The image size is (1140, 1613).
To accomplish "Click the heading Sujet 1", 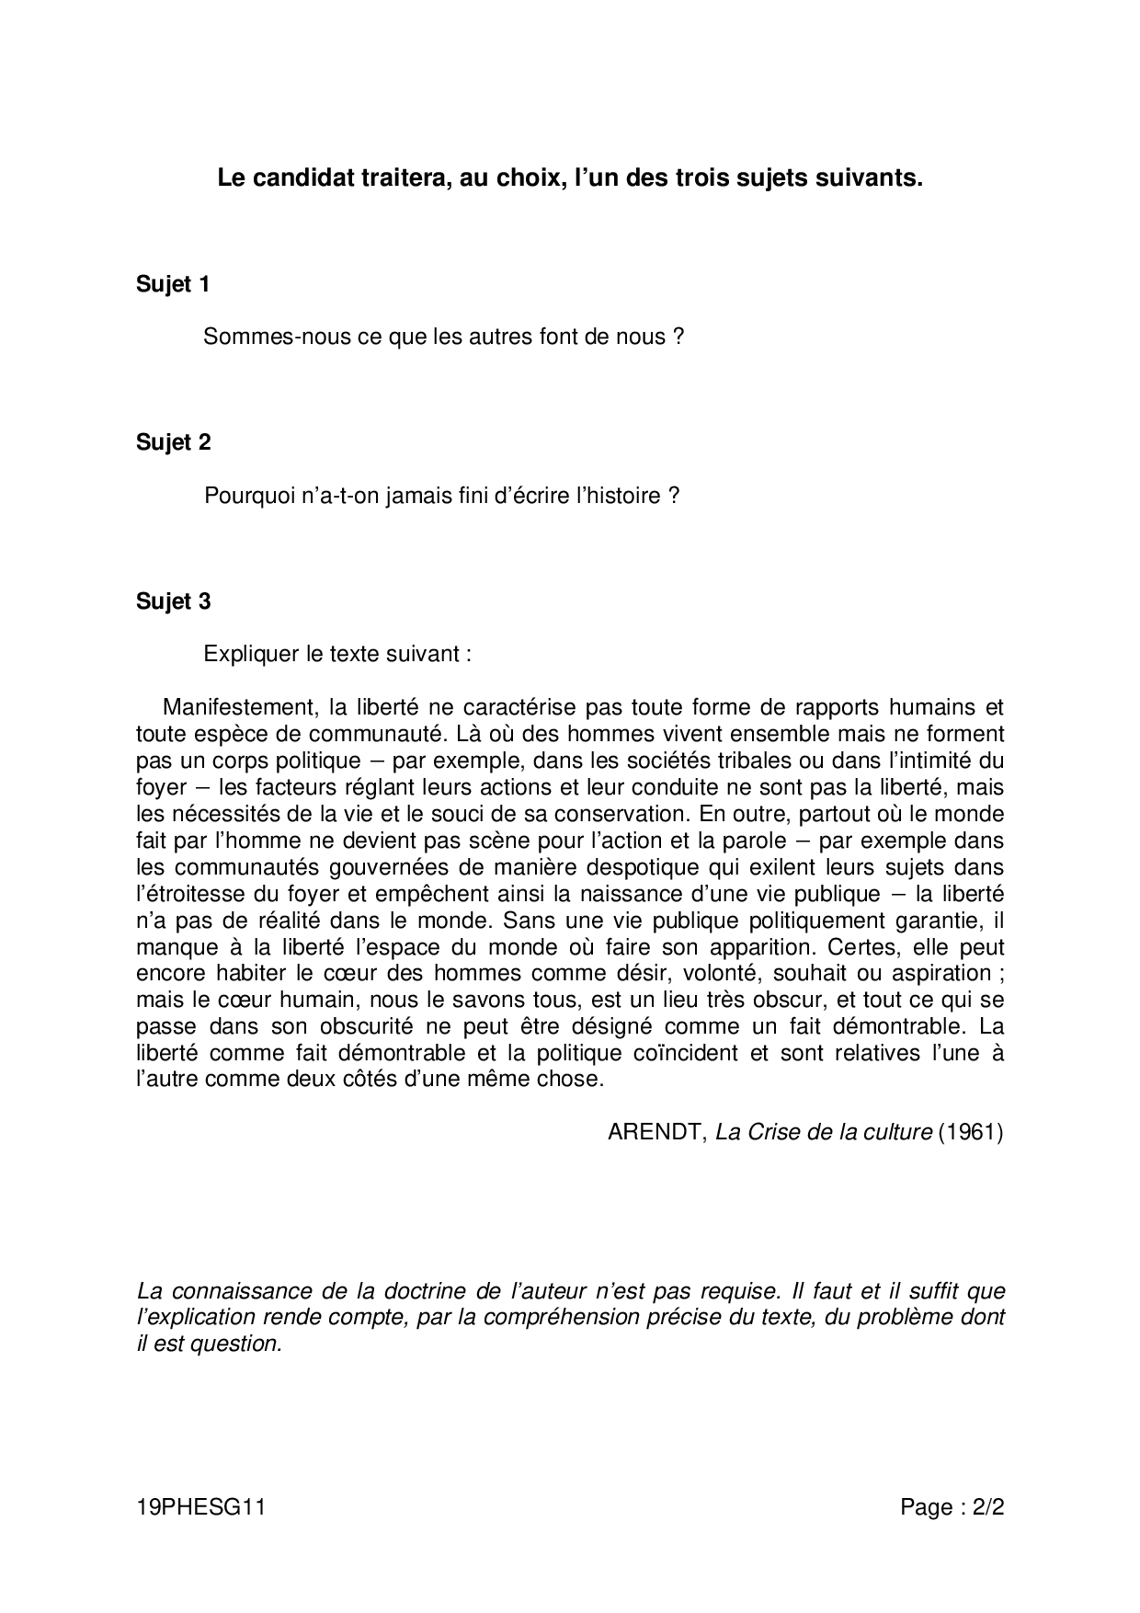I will [173, 285].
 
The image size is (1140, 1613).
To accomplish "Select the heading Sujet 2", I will [173, 443].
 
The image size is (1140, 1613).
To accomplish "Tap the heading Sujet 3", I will [173, 602].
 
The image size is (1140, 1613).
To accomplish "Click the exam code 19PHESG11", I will [200, 1507].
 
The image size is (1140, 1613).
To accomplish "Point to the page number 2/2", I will [985, 1507].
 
